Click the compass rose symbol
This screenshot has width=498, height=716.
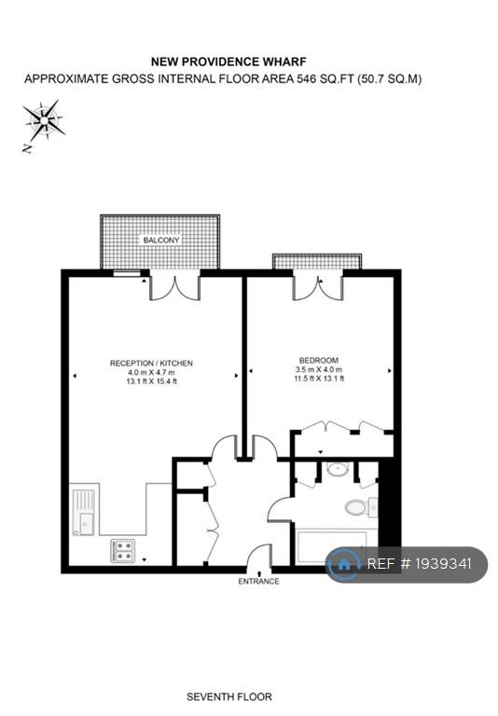click(44, 120)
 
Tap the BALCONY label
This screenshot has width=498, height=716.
click(161, 241)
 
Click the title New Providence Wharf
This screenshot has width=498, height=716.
click(228, 62)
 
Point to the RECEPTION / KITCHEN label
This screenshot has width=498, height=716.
click(151, 364)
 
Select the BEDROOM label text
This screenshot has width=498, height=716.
click(318, 360)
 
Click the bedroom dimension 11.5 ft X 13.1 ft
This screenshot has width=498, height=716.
click(319, 379)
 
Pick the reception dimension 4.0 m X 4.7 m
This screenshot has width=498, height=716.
click(151, 373)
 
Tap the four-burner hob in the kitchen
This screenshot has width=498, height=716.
click(123, 551)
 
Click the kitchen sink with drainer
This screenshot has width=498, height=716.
click(84, 512)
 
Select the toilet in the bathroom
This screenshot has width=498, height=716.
click(356, 507)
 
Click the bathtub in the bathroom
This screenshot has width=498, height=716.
click(332, 547)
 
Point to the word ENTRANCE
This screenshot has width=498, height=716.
click(258, 582)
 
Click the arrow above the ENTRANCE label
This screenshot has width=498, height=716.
click(259, 572)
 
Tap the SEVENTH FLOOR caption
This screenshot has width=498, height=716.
click(229, 696)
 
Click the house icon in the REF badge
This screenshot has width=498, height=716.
click(344, 564)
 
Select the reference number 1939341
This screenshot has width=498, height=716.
click(443, 564)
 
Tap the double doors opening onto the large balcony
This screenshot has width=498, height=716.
click(175, 288)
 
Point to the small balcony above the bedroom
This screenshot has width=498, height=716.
click(317, 262)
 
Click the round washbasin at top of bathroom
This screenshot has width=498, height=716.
click(338, 468)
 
